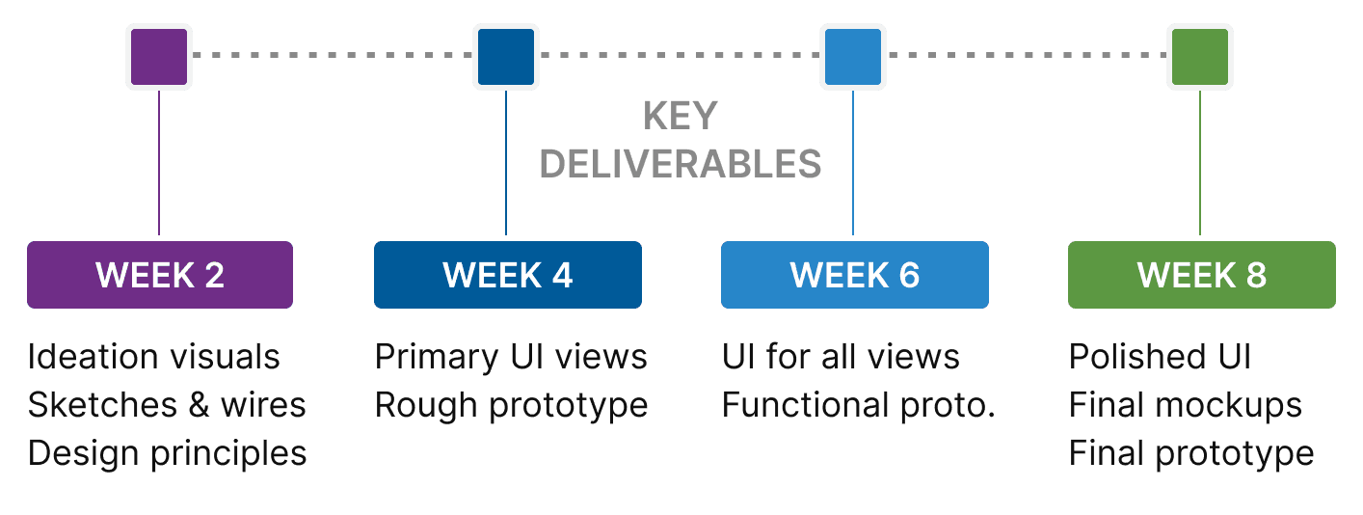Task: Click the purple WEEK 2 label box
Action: [x=160, y=275]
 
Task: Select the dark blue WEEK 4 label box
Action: [x=507, y=275]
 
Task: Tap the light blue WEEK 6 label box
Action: [x=854, y=275]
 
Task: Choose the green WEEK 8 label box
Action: [x=1201, y=275]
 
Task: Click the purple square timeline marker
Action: [x=159, y=57]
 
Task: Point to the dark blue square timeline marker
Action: [x=506, y=57]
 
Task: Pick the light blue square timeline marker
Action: [x=853, y=57]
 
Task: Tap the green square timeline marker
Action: [x=1200, y=57]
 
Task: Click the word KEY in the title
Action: [x=681, y=117]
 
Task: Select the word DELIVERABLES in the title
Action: [x=681, y=165]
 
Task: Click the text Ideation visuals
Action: [x=154, y=357]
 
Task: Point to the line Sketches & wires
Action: [x=167, y=405]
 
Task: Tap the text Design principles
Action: [x=167, y=452]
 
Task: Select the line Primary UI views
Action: [x=511, y=357]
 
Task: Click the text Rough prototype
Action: [x=511, y=405]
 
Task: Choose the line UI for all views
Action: [x=841, y=357]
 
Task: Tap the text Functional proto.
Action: [x=858, y=405]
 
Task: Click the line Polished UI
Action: [x=1160, y=357]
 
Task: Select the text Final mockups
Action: [x=1185, y=405]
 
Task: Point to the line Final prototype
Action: [x=1191, y=452]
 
